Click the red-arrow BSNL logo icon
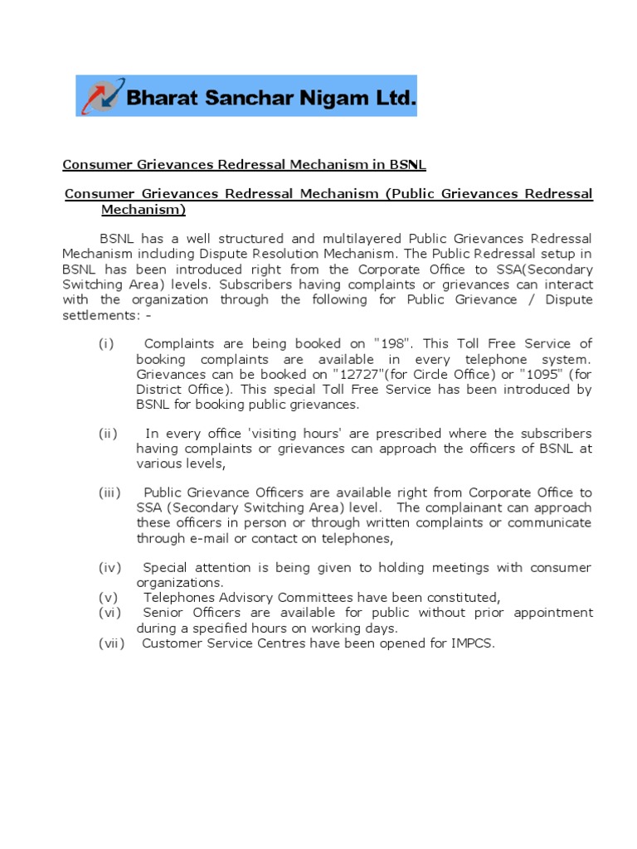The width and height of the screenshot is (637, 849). [x=100, y=96]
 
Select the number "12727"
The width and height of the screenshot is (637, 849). [x=359, y=374]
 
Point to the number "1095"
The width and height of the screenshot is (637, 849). [x=541, y=374]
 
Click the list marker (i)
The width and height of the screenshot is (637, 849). [x=106, y=344]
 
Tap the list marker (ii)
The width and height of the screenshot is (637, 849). [x=108, y=434]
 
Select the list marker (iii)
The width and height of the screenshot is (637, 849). [x=109, y=493]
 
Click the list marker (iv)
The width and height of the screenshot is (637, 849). [x=109, y=568]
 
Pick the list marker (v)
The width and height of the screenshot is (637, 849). [x=108, y=598]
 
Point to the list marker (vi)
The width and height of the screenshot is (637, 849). [x=109, y=613]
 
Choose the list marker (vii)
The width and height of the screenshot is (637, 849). [x=111, y=643]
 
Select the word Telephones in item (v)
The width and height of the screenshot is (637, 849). [x=180, y=598]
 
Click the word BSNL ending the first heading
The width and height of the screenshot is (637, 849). [x=408, y=165]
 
